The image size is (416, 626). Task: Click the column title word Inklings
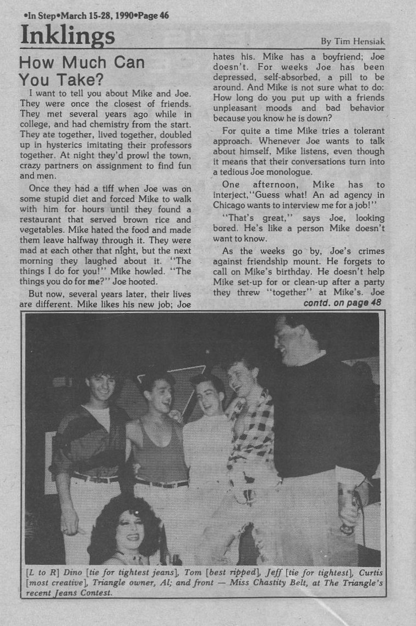coord(67,36)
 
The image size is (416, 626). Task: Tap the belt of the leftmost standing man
coord(95,477)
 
